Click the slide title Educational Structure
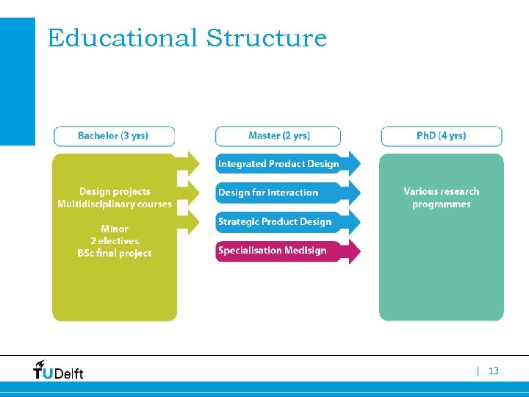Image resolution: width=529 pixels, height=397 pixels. coord(187,37)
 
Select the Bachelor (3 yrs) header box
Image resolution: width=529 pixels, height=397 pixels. coord(114,136)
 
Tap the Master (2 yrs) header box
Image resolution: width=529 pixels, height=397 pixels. coord(278,136)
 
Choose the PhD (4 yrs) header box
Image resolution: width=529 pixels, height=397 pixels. coord(441,136)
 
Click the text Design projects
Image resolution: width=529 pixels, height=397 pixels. coord(115,192)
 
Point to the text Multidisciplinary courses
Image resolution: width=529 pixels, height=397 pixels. coord(115,204)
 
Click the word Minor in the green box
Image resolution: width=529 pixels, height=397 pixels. coord(115,229)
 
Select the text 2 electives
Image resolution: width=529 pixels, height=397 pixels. coord(115,241)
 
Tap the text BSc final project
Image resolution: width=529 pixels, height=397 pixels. coord(115,254)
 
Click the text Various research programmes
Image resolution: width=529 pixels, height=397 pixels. coord(441,198)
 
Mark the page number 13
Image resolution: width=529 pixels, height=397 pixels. coord(493,371)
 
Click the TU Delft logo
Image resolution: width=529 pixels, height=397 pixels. coord(58,371)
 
